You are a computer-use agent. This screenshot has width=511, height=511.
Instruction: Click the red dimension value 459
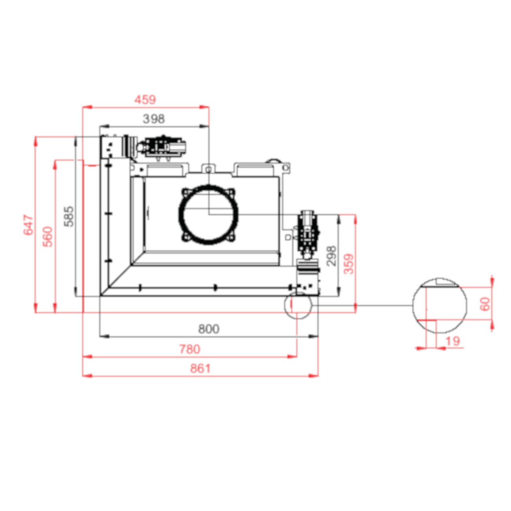pyautogui.click(x=145, y=100)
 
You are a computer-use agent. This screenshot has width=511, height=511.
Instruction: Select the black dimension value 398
pyautogui.click(x=153, y=119)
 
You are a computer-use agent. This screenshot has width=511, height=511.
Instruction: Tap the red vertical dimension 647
pyautogui.click(x=29, y=225)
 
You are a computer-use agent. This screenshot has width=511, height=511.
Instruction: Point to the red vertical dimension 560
pyautogui.click(x=48, y=236)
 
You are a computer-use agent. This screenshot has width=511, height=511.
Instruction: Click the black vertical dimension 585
pyautogui.click(x=69, y=216)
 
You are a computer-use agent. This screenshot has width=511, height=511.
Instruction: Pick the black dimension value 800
pyautogui.click(x=208, y=329)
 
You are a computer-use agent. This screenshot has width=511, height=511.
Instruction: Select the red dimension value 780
pyautogui.click(x=189, y=349)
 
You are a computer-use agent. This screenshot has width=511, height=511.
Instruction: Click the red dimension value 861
pyautogui.click(x=200, y=368)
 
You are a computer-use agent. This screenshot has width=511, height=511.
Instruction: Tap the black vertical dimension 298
pyautogui.click(x=331, y=256)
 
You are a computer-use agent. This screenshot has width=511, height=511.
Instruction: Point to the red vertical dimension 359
pyautogui.click(x=349, y=264)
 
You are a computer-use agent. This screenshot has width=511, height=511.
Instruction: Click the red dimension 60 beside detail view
pyautogui.click(x=485, y=303)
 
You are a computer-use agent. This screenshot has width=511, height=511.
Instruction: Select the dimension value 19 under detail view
pyautogui.click(x=452, y=341)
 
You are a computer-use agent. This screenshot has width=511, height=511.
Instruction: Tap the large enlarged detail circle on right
pyautogui.click(x=440, y=305)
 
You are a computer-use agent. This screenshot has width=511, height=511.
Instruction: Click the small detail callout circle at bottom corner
pyautogui.click(x=298, y=305)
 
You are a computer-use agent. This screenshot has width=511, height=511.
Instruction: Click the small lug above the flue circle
pyautogui.click(x=208, y=169)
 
